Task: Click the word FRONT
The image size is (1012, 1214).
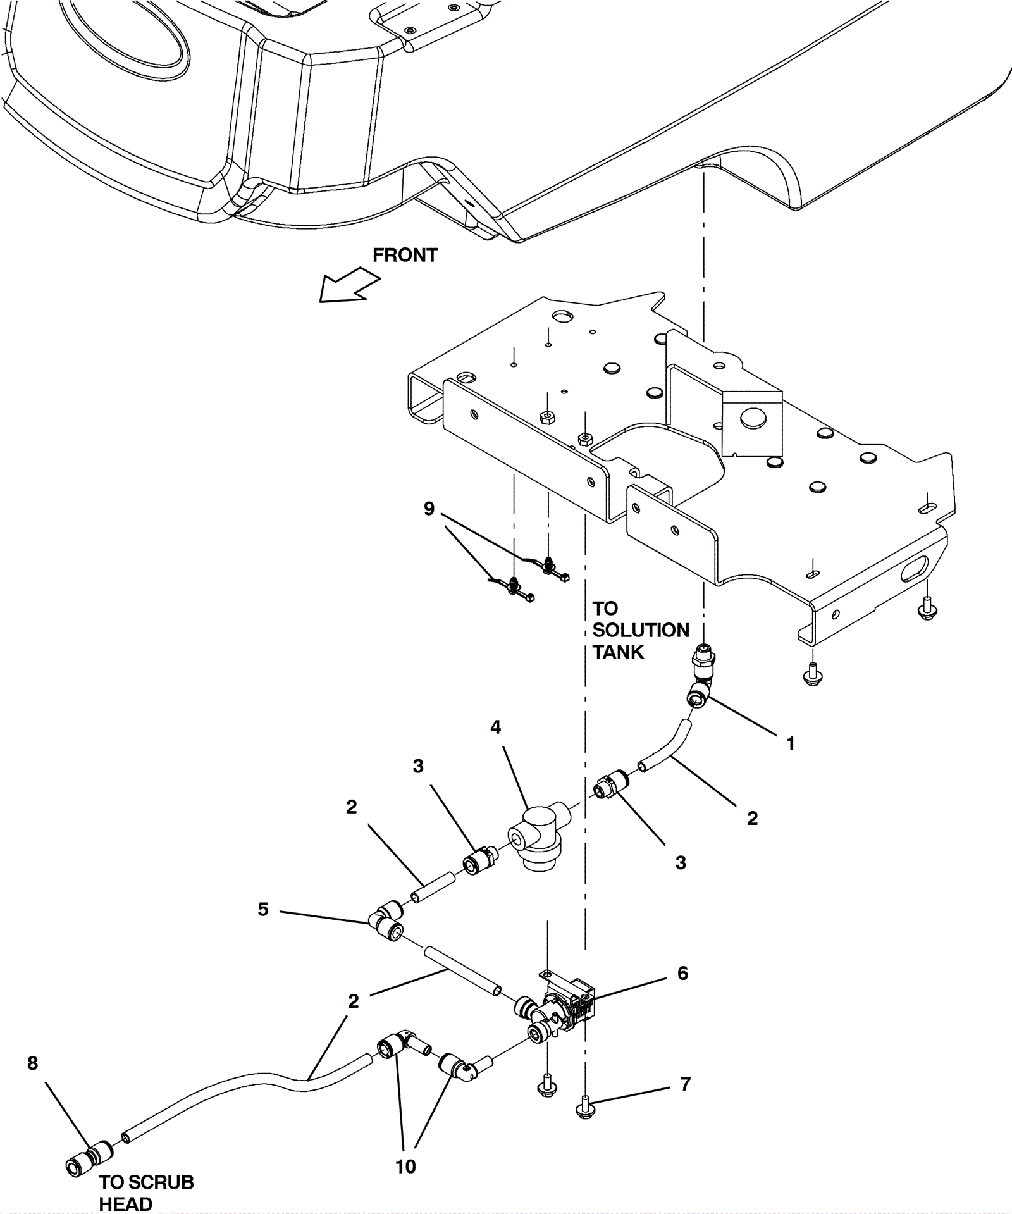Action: point(405,255)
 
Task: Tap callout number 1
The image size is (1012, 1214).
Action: point(790,744)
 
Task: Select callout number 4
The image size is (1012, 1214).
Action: point(495,728)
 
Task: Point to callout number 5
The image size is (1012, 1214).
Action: point(263,909)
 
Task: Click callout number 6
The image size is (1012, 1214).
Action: point(682,973)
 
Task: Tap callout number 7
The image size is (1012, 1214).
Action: point(685,1084)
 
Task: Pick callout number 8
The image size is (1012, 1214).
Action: point(33,1063)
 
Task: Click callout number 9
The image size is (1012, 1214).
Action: point(429,509)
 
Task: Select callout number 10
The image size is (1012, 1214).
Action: point(405,1167)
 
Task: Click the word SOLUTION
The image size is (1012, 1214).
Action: point(641,630)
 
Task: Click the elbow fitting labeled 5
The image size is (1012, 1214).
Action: point(386,918)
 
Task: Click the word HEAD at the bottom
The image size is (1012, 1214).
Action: point(126,1204)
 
